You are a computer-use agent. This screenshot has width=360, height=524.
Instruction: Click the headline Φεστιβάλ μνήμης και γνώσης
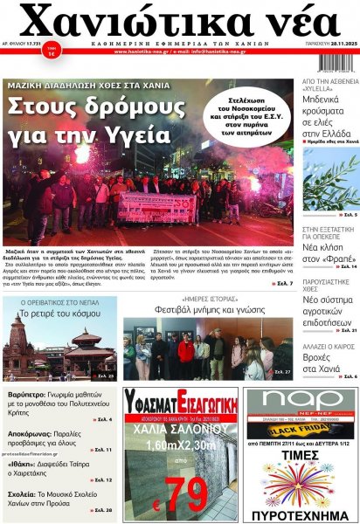207,308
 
